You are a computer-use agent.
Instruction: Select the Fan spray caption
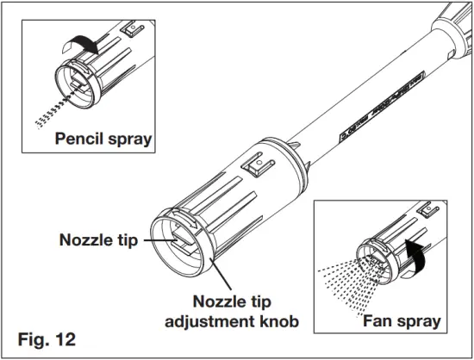click(401, 322)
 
